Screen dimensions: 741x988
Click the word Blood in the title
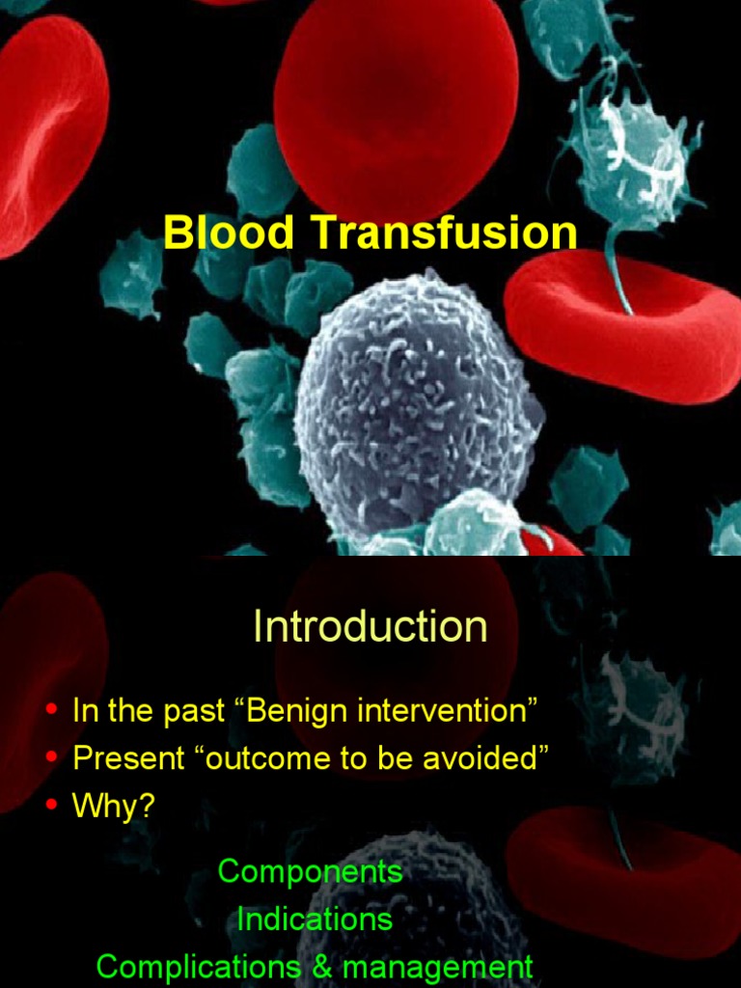[x=229, y=232]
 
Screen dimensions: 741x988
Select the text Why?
[x=114, y=805]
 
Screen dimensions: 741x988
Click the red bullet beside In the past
[x=52, y=710]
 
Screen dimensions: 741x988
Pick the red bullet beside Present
[x=52, y=756]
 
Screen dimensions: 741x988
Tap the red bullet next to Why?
[x=52, y=804]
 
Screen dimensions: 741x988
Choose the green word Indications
[x=315, y=919]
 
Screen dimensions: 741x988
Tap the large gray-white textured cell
[x=418, y=403]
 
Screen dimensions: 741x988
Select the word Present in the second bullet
[x=128, y=757]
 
